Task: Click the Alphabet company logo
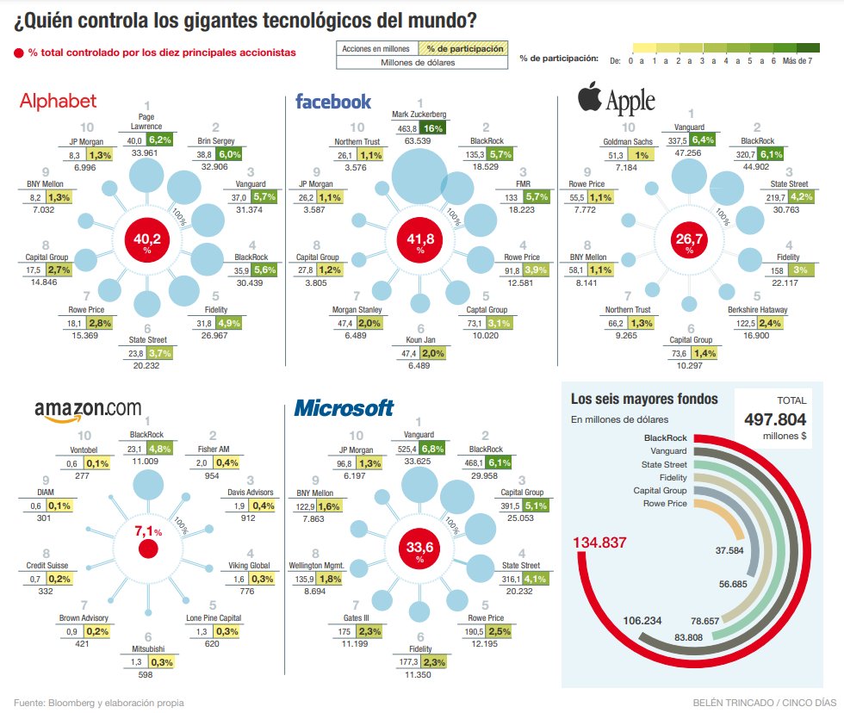click(58, 101)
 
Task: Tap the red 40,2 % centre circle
click(147, 241)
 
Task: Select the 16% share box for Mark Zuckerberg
click(432, 129)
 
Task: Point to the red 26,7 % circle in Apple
click(688, 241)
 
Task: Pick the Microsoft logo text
click(344, 408)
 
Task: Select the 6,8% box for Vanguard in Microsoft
click(432, 449)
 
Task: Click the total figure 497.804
click(775, 419)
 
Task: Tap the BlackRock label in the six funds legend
click(665, 437)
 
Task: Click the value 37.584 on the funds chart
click(731, 549)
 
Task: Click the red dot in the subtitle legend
click(19, 53)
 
